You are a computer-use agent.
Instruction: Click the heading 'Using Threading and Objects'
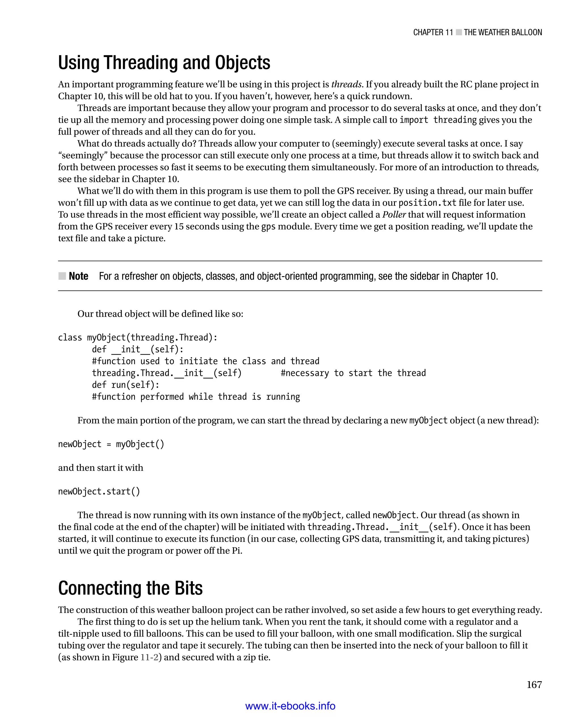(164, 63)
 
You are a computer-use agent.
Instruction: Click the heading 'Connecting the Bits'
(130, 588)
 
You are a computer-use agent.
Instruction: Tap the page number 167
(534, 685)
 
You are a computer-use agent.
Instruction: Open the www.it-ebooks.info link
(290, 706)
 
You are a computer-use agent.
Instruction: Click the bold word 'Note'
(78, 276)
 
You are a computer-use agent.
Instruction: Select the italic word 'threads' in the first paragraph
(346, 84)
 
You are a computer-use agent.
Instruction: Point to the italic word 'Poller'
(394, 214)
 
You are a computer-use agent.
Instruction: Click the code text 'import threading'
(438, 119)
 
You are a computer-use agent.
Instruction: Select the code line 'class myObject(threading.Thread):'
(138, 337)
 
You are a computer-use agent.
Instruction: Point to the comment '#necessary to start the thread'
(353, 373)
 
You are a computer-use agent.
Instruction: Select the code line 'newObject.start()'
(99, 491)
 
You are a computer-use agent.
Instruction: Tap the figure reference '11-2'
(149, 657)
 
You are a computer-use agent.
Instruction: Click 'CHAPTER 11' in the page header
(433, 32)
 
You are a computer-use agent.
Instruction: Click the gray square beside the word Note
(62, 276)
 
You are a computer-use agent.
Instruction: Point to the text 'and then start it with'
(100, 467)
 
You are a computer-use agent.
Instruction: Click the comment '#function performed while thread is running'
(196, 397)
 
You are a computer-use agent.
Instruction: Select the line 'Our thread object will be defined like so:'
(160, 313)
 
